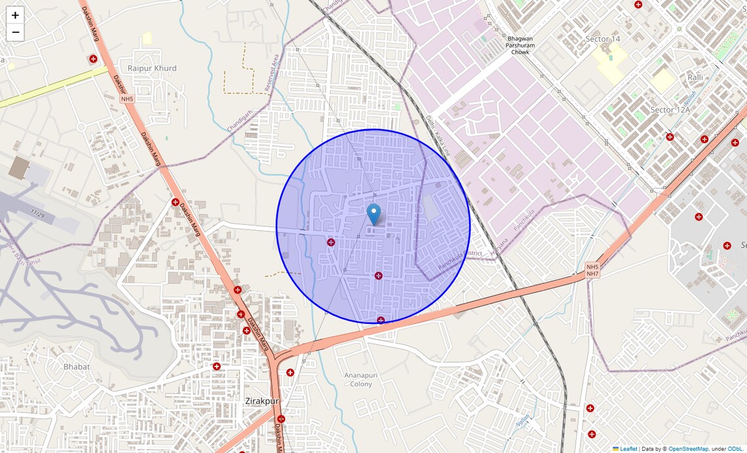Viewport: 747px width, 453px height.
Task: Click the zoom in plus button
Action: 15,15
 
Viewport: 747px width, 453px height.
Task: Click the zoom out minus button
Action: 15,32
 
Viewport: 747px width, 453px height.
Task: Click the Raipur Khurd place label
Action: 152,68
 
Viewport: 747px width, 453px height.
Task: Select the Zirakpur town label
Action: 262,401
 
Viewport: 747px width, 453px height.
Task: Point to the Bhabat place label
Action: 77,366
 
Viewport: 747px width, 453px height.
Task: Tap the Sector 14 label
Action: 602,39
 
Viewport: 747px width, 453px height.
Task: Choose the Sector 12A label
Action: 670,109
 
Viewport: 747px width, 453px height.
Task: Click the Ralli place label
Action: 695,77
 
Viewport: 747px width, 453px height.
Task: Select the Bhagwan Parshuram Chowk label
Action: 520,45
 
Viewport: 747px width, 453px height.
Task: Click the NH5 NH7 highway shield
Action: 592,270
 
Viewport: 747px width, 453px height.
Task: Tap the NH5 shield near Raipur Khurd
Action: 126,99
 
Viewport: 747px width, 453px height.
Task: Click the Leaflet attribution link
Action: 628,449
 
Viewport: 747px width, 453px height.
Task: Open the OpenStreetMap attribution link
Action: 688,449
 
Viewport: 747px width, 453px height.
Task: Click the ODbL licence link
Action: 735,449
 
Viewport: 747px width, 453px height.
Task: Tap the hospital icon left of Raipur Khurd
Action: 93,59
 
